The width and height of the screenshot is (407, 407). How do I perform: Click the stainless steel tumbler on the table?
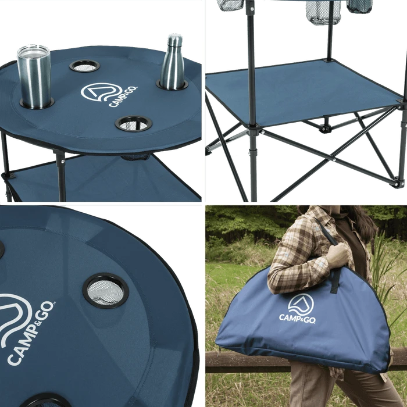(34, 77)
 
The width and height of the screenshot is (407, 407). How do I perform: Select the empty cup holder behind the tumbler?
(85, 66)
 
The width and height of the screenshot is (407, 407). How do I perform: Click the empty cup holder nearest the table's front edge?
(133, 123)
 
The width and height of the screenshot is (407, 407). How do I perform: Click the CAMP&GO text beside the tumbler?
(123, 97)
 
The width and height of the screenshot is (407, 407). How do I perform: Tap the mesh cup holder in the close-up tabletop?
(106, 291)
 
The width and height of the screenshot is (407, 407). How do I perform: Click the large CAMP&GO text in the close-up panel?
(31, 333)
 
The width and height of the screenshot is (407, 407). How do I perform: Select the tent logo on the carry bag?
(301, 304)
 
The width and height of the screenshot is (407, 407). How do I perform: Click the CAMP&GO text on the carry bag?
(298, 318)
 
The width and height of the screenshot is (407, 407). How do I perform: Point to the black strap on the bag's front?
(335, 280)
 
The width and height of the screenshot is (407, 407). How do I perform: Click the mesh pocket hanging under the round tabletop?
(135, 157)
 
